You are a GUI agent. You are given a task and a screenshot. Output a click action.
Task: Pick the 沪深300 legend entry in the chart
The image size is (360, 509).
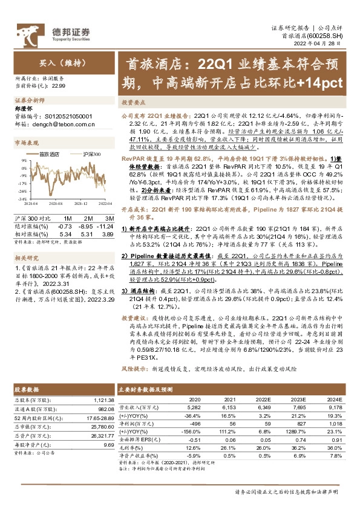(x=90, y=154)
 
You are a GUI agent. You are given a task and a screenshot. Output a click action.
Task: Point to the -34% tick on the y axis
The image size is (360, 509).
(x=21, y=198)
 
